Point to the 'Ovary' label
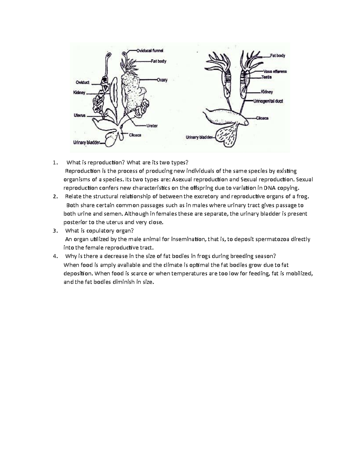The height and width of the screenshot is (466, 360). point(162,80)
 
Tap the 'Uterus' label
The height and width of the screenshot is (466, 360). point(79,115)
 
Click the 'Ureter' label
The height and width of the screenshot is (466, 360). point(152,126)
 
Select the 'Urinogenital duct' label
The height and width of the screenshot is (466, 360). point(268,101)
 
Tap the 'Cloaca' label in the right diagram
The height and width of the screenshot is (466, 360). point(262,118)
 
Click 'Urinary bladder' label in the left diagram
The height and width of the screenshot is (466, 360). point(87,143)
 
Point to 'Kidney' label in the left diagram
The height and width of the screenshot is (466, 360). point(79,93)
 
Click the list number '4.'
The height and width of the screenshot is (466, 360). point(55,256)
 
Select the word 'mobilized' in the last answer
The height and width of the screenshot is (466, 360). point(299,273)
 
